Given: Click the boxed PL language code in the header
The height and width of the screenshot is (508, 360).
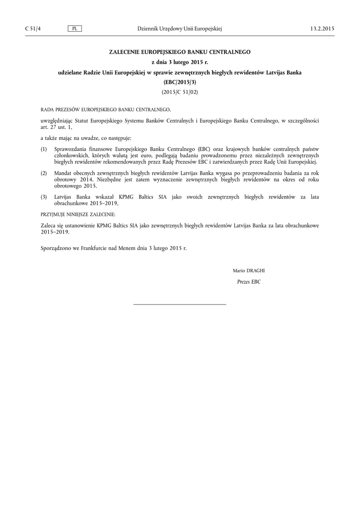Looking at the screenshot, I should pyautogui.click(x=74, y=29).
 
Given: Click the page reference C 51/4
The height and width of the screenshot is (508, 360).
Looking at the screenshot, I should pyautogui.click(x=33, y=29).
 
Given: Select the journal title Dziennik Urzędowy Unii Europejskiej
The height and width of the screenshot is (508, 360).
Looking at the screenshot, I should pyautogui.click(x=179, y=29).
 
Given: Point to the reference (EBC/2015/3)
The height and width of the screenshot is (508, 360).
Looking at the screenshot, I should pyautogui.click(x=180, y=82).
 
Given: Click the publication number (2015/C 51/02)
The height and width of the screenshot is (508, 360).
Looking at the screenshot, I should pyautogui.click(x=180, y=92).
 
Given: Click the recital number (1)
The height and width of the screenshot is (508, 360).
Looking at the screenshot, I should pyautogui.click(x=44, y=149).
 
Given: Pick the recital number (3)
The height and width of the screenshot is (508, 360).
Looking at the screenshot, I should pyautogui.click(x=44, y=197).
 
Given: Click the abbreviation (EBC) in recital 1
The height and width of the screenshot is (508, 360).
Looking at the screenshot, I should pyautogui.click(x=204, y=149).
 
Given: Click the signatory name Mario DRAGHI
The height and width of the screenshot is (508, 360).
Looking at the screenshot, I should pyautogui.click(x=249, y=270).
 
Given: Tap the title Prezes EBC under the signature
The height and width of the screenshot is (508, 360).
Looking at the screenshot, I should pyautogui.click(x=249, y=282).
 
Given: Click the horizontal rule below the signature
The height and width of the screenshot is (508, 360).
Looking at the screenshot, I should pyautogui.click(x=180, y=304).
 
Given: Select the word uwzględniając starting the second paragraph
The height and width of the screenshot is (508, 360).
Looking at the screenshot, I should pyautogui.click(x=57, y=121).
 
